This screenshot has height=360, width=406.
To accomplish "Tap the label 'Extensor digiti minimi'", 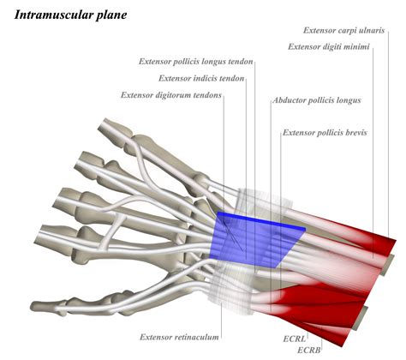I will click(x=329, y=46).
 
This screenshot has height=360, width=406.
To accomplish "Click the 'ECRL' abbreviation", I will click(x=296, y=339).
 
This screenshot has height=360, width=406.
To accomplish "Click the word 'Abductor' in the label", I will click(x=290, y=100).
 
